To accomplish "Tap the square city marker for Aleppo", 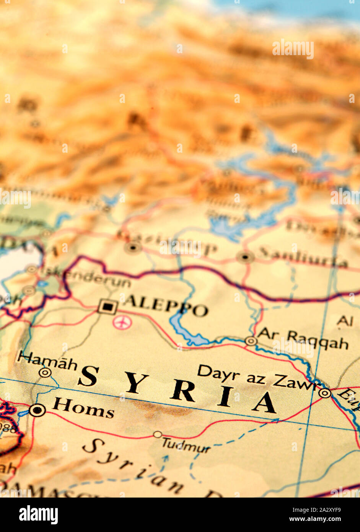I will click(x=108, y=307).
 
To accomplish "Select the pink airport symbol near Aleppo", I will click(x=122, y=322).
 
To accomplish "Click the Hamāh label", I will click(x=48, y=361).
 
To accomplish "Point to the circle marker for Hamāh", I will click(x=45, y=372).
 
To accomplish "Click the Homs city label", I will click(x=83, y=408).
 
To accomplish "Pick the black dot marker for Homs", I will click(x=37, y=410).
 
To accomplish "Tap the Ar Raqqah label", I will click(x=303, y=339).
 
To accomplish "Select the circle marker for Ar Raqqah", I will click(x=251, y=341).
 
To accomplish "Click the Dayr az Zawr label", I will click(x=257, y=377).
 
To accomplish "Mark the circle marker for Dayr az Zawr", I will click(x=325, y=393).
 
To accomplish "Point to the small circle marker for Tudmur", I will click(x=158, y=434).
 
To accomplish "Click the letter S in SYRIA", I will click(x=89, y=376).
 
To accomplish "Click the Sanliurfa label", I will click(x=302, y=257).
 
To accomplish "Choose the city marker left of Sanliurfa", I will click(x=245, y=256).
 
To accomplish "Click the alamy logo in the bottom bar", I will click(x=38, y=515).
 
